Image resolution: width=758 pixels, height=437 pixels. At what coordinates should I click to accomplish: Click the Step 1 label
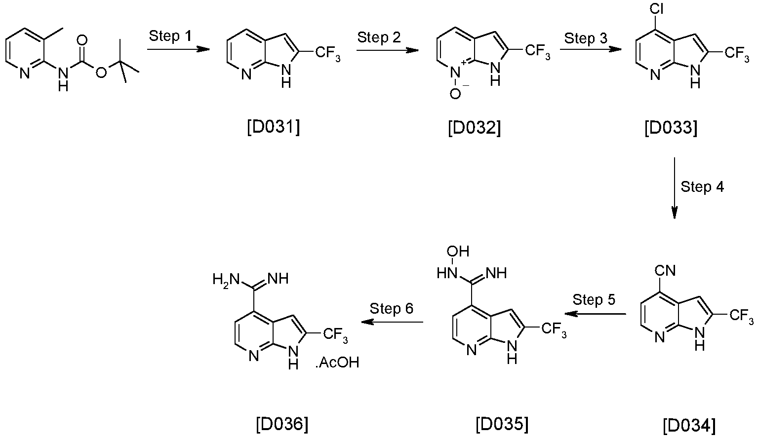(170, 36)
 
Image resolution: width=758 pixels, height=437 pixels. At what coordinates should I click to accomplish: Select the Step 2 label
(379, 37)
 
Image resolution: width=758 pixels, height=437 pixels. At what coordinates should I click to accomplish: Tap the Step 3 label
(586, 38)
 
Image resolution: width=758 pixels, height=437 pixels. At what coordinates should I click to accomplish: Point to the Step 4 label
(702, 187)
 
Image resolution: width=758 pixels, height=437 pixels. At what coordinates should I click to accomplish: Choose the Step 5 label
(594, 300)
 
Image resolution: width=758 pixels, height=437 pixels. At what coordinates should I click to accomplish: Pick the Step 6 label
(392, 309)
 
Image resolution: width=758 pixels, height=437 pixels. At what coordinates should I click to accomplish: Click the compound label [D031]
(274, 128)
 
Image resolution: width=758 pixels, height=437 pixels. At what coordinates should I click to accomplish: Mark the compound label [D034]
(689, 426)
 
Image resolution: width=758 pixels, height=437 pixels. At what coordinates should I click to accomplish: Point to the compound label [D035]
(502, 424)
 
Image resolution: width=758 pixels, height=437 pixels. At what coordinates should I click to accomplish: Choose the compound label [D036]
(282, 424)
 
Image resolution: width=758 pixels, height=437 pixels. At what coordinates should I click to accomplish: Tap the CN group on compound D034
(665, 271)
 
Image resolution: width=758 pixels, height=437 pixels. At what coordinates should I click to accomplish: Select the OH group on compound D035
(458, 251)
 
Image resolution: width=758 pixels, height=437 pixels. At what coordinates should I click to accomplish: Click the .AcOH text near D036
(337, 363)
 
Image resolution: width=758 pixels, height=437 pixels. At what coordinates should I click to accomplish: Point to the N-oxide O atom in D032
(455, 93)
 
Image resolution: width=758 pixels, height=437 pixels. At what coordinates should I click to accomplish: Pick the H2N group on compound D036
(226, 280)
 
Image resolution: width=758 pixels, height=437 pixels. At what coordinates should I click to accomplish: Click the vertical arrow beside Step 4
(675, 188)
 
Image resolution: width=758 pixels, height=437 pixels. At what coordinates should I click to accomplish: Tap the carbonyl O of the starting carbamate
(82, 40)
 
